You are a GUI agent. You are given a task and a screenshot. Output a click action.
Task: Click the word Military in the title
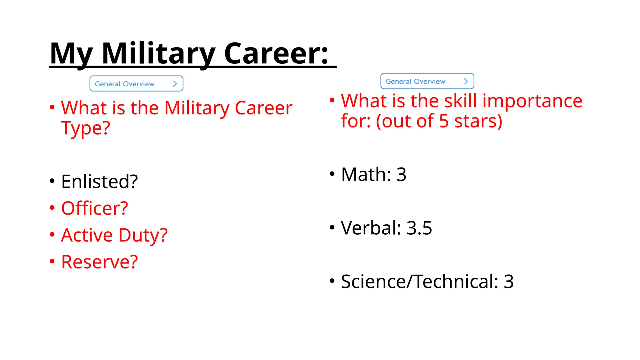pos(158,54)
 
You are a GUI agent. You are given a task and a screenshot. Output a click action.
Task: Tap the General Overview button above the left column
pos(136,84)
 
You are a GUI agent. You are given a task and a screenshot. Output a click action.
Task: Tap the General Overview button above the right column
pos(427,81)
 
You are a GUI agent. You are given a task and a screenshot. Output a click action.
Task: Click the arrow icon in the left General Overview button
pos(175,84)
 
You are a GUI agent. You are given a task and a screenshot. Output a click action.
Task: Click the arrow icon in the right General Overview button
pos(466,81)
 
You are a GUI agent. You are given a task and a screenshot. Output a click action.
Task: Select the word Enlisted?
pos(99,182)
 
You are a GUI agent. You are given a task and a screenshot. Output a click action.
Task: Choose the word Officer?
pos(95,208)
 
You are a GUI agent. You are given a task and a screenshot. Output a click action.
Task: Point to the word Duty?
pos(143,235)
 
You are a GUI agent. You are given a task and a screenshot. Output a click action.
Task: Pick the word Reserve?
pos(99,262)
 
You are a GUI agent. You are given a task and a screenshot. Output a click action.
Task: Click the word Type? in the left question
pos(86,128)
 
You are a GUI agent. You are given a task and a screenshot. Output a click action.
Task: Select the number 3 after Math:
pos(401,174)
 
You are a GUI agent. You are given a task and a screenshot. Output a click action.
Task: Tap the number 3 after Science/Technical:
pos(509,282)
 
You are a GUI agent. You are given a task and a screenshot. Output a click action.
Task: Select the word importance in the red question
pos(532,101)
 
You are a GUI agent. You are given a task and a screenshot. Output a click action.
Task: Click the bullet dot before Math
pos(332,174)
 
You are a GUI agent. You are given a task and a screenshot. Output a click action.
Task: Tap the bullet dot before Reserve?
pos(52,261)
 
